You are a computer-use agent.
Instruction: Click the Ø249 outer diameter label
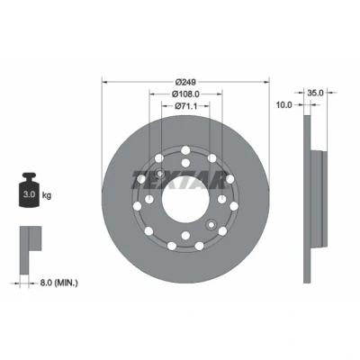[x=185, y=82]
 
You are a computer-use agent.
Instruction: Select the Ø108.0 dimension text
[x=185, y=94]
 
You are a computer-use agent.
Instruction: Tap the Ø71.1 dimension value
[x=185, y=106]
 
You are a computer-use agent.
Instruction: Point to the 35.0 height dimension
[x=315, y=93]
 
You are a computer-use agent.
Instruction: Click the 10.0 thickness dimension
[x=283, y=105]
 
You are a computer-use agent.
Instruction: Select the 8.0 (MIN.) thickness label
[x=58, y=283]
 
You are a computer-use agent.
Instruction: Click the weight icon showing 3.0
[x=29, y=190]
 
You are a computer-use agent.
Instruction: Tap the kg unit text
[x=47, y=195]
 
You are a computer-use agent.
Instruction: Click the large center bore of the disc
[x=185, y=200]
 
